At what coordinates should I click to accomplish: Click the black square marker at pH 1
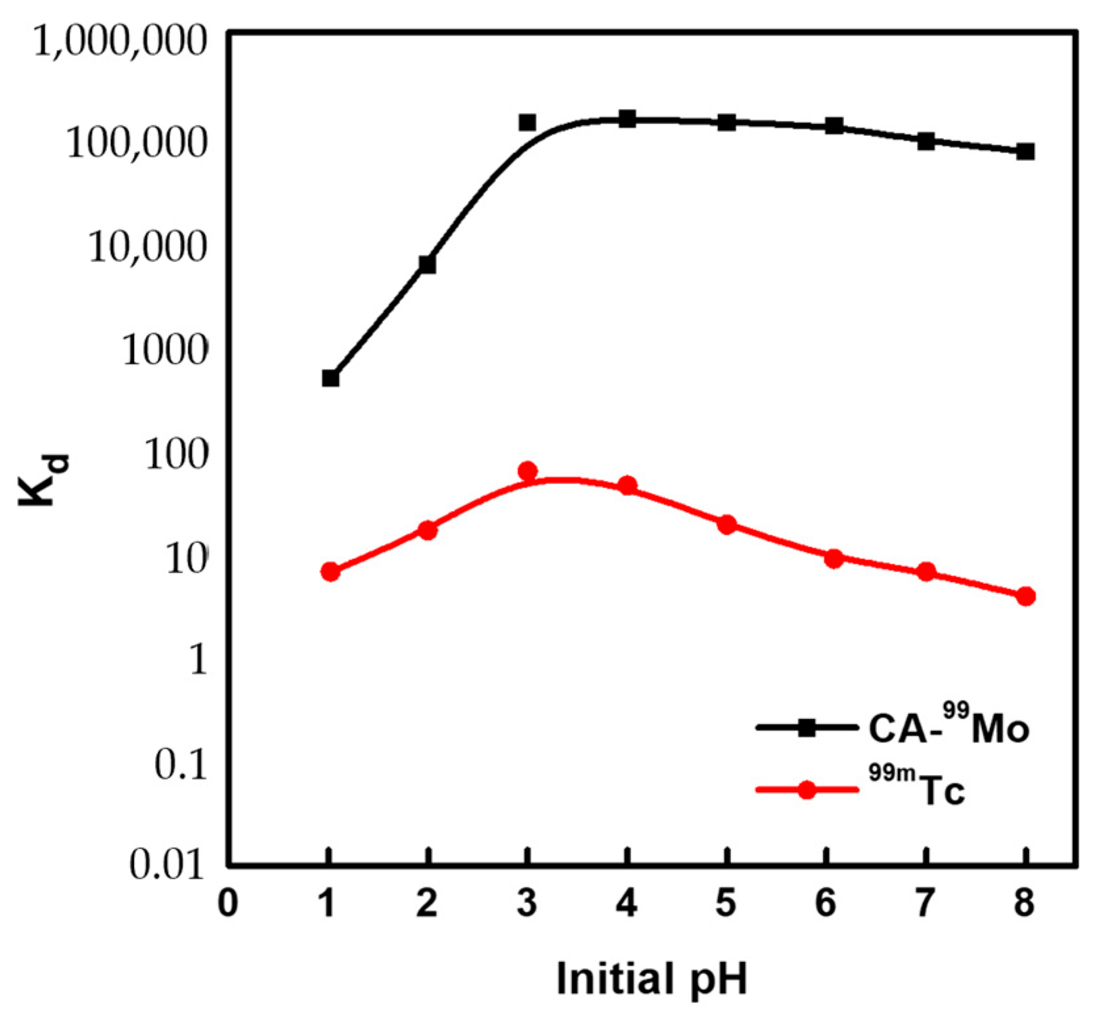[x=330, y=378]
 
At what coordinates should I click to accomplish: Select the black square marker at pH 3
[x=527, y=122]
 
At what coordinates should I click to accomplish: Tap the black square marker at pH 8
[x=1025, y=152]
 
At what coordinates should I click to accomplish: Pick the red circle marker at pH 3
[x=527, y=471]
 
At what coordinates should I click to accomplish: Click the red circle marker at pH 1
[x=330, y=571]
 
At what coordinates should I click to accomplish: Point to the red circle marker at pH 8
[x=1025, y=596]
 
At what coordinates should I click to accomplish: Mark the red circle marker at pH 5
[x=726, y=524]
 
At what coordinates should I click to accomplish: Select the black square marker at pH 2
[x=428, y=264]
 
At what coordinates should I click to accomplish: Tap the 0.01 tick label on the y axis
[x=167, y=864]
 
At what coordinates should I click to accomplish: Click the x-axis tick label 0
[x=228, y=903]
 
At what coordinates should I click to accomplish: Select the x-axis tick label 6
[x=826, y=903]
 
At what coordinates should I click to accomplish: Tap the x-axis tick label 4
[x=627, y=903]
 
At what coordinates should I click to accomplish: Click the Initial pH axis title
[x=652, y=979]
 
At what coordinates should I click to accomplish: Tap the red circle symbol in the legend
[x=807, y=789]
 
